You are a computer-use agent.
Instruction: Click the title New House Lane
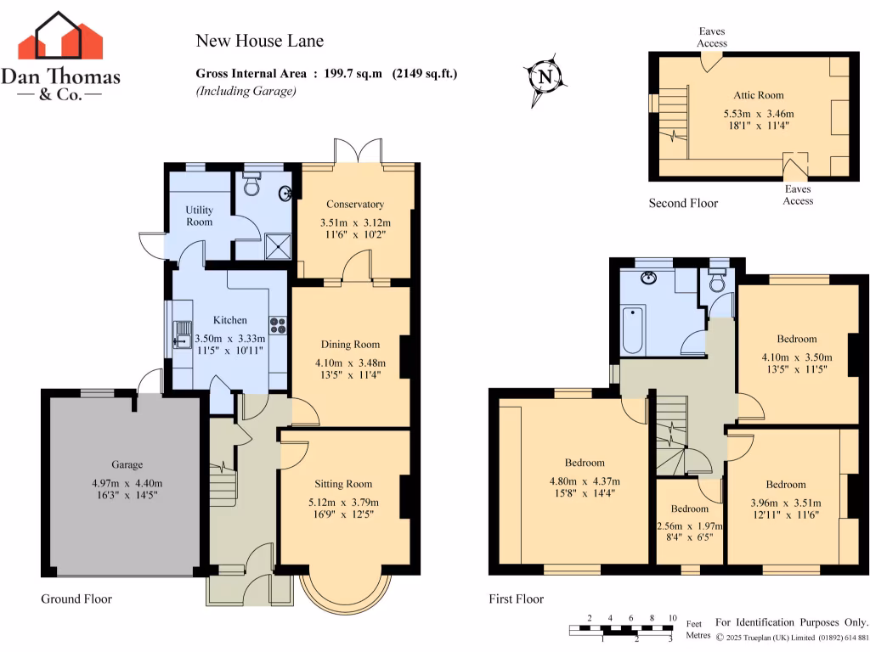259,41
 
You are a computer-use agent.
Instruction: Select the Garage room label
127,464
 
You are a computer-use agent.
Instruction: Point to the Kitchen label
229,320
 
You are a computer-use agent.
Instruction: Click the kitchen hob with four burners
279,325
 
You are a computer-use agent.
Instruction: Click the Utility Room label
200,216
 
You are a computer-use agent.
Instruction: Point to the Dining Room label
350,344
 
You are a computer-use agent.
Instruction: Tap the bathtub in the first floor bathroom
631,331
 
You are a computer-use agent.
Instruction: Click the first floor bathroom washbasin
650,278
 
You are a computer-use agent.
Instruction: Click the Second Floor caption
683,203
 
